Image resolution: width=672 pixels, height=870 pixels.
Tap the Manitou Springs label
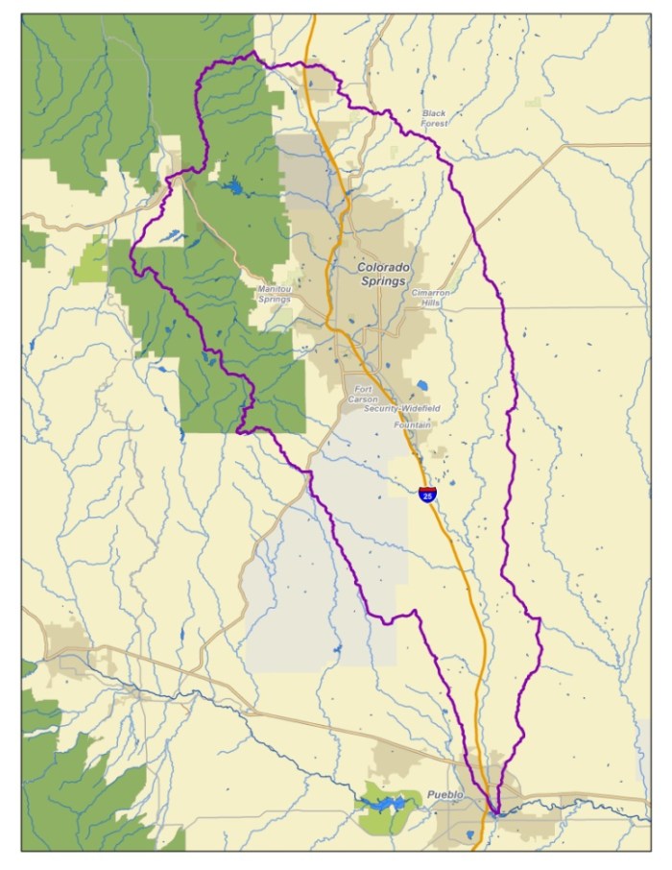pos(274,294)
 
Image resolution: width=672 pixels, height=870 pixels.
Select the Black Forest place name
pos(434,118)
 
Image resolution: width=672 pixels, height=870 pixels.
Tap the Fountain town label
pos(412,423)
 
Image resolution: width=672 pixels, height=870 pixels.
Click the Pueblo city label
pos(445,795)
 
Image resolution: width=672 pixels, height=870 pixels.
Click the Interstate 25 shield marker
pos(427,495)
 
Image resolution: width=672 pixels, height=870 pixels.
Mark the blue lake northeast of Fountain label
pos(422,385)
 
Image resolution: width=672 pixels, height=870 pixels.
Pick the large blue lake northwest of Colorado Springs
pos(232,185)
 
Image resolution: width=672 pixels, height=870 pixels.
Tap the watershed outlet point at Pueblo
pos(494,813)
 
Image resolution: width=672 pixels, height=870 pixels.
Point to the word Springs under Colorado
pos(383,281)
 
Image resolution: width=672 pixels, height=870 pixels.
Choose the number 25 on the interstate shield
pos(427,496)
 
